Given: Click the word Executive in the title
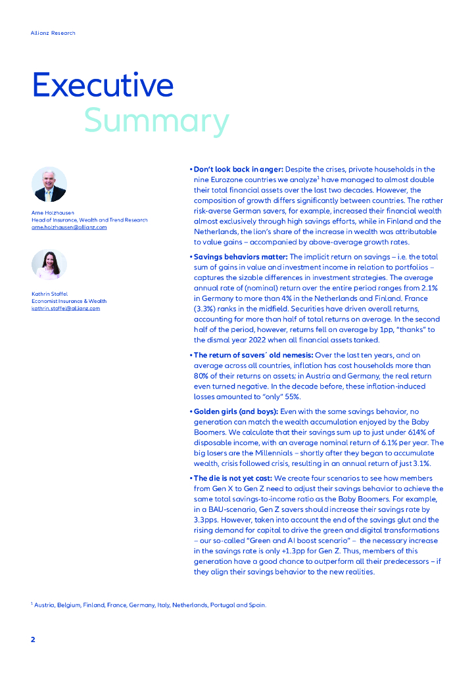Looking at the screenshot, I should pos(103,85).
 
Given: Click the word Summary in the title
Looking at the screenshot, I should pos(156,121).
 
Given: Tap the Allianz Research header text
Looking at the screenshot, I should pos(53,33).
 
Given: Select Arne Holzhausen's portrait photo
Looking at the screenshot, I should pos(49,184).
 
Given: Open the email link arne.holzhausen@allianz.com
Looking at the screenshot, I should pos(69,227).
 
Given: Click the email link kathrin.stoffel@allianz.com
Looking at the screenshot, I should pos(66,308).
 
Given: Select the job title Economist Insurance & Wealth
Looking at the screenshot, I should pos(69,301).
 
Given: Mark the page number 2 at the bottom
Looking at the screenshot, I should pos(34,639).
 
